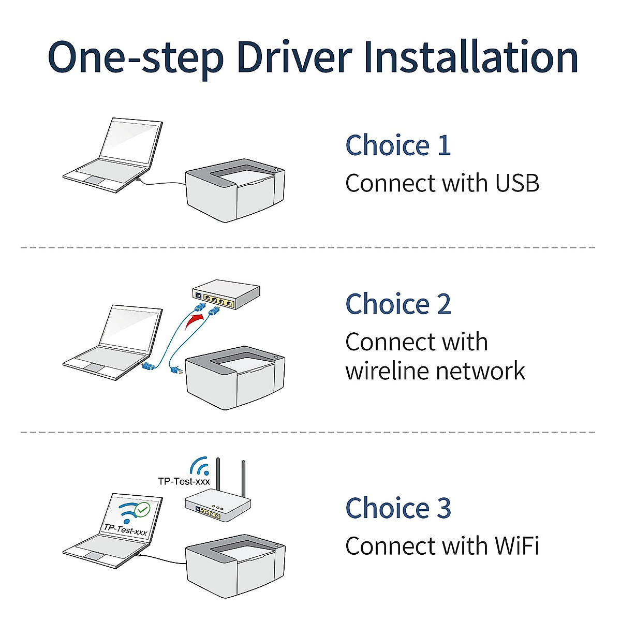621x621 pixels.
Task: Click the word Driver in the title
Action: point(294,57)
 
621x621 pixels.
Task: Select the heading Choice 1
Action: point(397,145)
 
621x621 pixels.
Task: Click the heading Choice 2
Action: point(398,304)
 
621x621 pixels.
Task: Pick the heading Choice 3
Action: point(398,508)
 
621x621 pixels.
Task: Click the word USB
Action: point(517,183)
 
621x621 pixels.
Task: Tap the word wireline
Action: point(388,371)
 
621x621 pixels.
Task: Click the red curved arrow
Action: point(195,322)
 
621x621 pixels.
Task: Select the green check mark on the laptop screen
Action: point(142,510)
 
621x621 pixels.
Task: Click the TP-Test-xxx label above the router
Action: point(184,481)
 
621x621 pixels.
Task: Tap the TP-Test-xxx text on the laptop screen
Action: point(125,529)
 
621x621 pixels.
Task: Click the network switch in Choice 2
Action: point(226,294)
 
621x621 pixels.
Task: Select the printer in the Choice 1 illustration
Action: point(235,190)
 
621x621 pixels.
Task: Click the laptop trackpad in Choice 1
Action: point(95,181)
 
